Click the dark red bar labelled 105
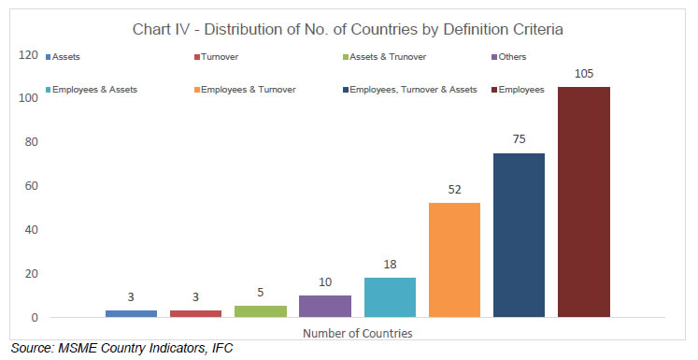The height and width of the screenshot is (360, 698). [584, 202]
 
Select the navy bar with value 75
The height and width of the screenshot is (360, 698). [519, 235]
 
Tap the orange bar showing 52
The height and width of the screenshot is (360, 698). [454, 260]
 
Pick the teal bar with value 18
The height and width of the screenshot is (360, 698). [390, 297]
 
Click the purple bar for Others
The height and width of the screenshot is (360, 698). [325, 306]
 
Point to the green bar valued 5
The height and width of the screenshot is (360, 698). [261, 311]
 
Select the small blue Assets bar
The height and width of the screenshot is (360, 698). [131, 313]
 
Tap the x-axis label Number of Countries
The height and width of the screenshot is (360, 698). [357, 333]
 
